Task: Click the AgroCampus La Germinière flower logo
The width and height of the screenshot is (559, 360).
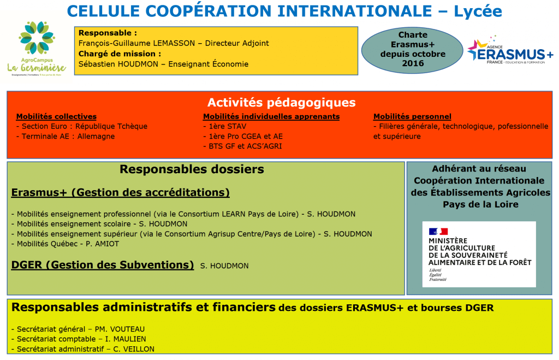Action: tap(37, 38)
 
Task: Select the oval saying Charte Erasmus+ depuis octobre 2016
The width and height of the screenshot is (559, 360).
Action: tap(413, 50)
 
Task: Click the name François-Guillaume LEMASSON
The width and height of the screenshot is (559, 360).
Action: tap(136, 43)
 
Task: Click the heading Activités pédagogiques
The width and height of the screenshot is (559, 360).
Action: tap(282, 103)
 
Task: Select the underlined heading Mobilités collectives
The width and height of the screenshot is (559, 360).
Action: tap(56, 116)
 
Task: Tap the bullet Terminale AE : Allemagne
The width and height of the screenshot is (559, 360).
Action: tap(66, 136)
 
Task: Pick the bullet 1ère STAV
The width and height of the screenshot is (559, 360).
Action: tap(224, 126)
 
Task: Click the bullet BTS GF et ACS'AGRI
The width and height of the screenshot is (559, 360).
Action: tap(242, 146)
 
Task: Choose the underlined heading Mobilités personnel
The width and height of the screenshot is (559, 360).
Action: tap(412, 116)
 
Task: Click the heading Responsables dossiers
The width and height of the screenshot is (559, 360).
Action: tap(192, 169)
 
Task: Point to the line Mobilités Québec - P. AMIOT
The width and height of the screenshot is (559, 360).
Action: tap(66, 244)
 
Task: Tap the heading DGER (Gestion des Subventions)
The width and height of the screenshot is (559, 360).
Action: tap(103, 265)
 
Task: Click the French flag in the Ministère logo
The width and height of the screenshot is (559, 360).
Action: tap(438, 232)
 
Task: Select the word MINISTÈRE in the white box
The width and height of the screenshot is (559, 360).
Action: tap(448, 241)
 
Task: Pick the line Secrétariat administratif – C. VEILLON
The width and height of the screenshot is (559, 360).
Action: tap(83, 349)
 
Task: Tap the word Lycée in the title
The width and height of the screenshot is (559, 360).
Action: tap(478, 11)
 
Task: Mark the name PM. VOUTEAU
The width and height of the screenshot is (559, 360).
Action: tap(120, 329)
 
